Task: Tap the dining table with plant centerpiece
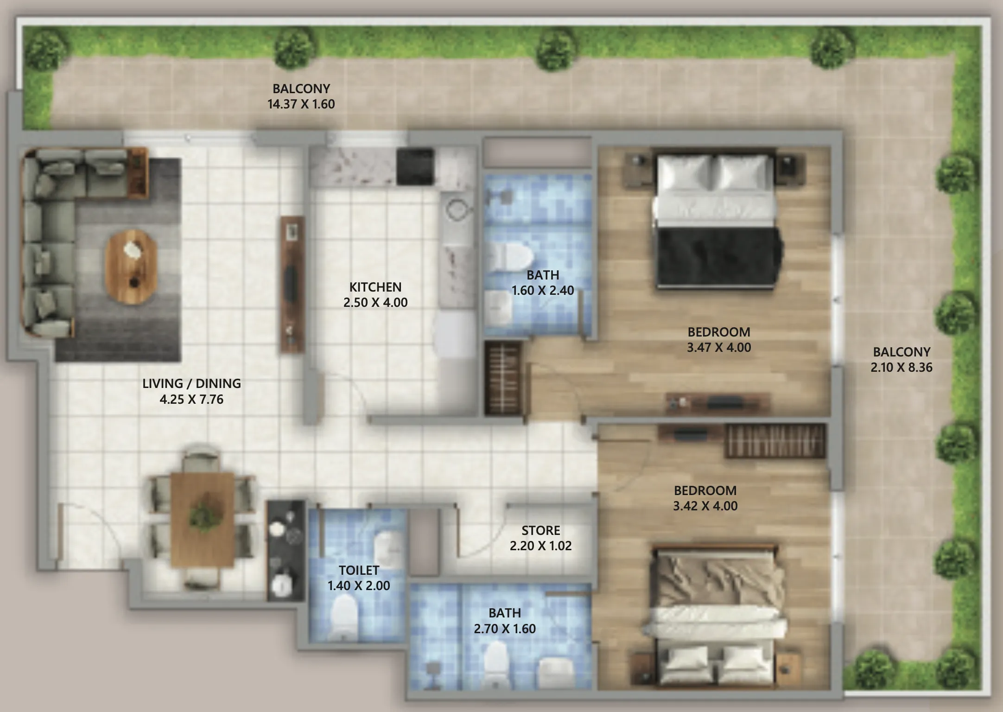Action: pos(203,519)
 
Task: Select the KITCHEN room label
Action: pos(375,287)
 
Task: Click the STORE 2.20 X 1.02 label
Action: pos(540,538)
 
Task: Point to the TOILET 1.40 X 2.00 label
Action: pos(359,578)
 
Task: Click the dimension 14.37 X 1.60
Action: pos(301,104)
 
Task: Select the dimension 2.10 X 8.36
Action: pos(901,368)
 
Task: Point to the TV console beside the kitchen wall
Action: pos(292,285)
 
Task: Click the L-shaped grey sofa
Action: pos(51,232)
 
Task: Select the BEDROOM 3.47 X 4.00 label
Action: pos(719,340)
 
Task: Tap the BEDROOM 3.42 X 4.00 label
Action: pos(705,498)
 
